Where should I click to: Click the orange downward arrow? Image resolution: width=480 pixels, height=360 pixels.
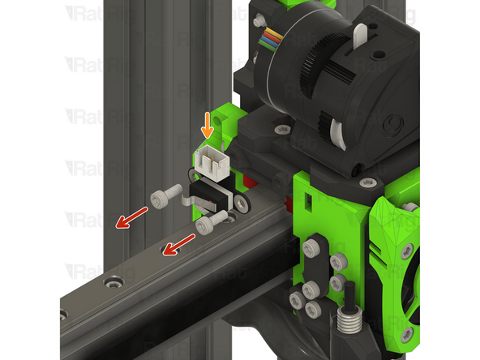tap(208, 126)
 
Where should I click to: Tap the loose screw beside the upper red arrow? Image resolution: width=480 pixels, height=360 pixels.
tap(165, 195)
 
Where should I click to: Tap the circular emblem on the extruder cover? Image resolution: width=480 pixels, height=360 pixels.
tap(395, 123)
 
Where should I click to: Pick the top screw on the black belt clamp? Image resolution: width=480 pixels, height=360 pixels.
tap(312, 245)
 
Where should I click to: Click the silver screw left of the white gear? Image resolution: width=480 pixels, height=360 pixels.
tap(281, 129)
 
